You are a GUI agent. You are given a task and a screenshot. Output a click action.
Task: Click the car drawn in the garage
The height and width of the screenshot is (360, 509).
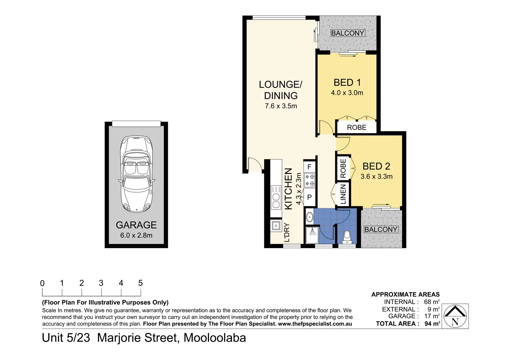(136, 174)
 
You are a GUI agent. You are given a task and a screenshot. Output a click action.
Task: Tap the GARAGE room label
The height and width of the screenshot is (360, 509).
(136, 225)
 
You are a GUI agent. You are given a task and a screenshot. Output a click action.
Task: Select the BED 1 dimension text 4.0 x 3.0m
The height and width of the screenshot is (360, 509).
(347, 93)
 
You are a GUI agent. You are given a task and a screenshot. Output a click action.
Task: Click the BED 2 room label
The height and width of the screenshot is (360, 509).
(376, 166)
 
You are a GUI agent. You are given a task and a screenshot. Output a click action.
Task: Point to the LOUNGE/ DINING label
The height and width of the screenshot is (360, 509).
(281, 90)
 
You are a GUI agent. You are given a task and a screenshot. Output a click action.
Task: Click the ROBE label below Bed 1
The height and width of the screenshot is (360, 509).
(356, 128)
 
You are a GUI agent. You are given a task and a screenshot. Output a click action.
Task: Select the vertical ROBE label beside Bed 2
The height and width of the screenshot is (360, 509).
(343, 168)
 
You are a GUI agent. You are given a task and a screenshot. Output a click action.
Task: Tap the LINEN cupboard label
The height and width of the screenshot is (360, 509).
(343, 194)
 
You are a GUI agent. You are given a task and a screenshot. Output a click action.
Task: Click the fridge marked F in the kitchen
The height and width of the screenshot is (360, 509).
(309, 167)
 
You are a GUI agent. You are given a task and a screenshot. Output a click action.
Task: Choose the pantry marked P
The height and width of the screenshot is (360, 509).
(309, 197)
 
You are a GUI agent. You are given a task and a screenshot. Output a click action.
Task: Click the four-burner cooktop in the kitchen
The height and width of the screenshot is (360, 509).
(310, 180)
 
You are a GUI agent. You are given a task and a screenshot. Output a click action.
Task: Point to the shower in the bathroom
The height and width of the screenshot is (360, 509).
(312, 235)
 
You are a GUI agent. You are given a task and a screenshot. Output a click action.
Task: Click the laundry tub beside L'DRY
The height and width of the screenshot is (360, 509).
(276, 226)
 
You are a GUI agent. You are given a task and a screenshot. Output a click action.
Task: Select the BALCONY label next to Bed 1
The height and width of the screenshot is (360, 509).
(347, 33)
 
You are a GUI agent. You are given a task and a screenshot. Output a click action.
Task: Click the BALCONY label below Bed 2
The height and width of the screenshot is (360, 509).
(381, 230)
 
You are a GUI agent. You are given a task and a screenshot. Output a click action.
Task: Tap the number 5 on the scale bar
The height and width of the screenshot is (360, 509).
(140, 283)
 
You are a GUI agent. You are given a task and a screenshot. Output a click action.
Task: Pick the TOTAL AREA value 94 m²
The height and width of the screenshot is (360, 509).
(432, 324)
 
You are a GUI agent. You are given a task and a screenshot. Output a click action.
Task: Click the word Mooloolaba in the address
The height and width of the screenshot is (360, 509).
(215, 338)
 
